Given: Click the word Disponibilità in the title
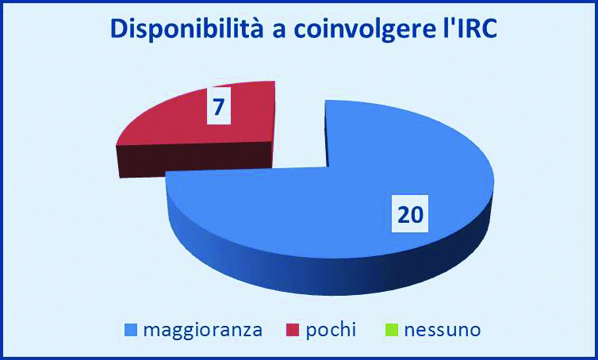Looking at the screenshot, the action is (187, 30).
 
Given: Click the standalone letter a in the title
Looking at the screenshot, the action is (279, 32).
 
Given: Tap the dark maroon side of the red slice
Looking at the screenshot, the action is (194, 160).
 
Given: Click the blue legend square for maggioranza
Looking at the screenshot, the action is (131, 330).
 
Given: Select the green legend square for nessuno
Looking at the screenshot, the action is (392, 330).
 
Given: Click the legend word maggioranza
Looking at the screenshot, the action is (203, 331).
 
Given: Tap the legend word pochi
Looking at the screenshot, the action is (331, 330).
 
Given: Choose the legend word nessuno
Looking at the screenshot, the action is (443, 330).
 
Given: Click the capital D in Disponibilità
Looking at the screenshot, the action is (119, 29).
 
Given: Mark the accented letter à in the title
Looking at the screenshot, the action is (256, 29).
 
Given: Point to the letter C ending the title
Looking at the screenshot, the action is (489, 29).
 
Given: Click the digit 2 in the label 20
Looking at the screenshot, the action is (404, 214).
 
